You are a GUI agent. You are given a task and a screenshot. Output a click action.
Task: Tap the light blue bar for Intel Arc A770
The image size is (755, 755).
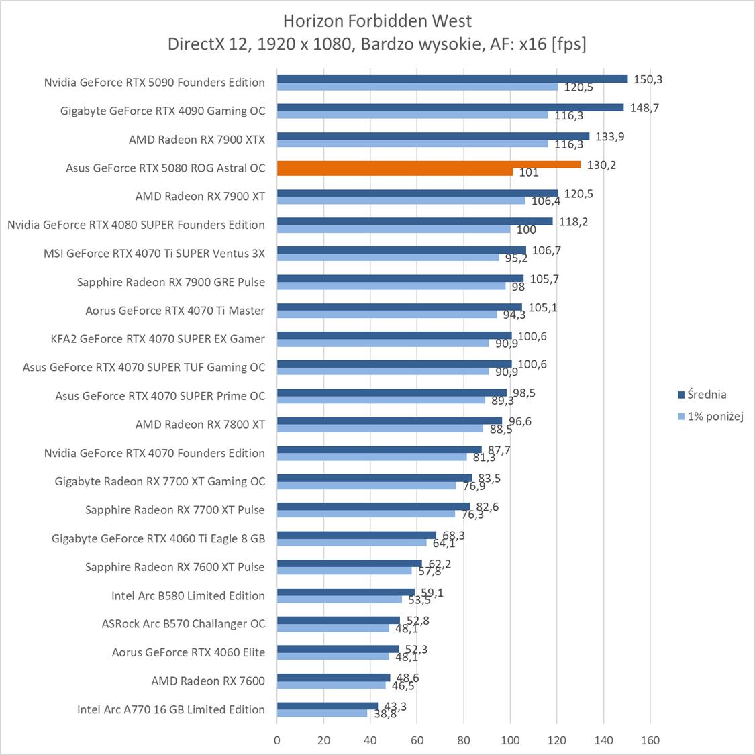tap(322, 713)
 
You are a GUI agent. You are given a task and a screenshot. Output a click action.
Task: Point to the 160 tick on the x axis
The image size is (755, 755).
tap(650, 741)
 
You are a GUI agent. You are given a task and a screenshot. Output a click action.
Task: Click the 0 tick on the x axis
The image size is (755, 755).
tap(277, 741)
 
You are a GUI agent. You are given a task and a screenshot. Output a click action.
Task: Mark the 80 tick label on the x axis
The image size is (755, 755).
tap(464, 741)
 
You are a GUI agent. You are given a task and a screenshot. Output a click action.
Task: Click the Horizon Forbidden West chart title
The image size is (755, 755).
tap(377, 21)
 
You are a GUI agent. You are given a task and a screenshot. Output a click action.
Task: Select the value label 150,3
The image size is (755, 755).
tap(648, 79)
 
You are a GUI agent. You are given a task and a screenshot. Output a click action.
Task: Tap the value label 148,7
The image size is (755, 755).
tap(644, 107)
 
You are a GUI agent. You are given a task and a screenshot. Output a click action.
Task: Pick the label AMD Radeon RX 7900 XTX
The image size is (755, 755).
tap(197, 140)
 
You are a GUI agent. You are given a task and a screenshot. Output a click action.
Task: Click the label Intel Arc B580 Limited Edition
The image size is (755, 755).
tap(188, 595)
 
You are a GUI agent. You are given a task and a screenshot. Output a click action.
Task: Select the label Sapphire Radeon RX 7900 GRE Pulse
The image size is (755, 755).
tap(170, 282)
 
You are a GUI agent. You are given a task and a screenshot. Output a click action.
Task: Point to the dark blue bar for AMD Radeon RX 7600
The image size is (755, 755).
tap(334, 677)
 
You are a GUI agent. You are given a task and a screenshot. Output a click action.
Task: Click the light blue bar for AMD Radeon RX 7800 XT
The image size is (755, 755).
tap(380, 428)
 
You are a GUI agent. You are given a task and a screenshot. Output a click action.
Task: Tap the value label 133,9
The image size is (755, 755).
tap(610, 136)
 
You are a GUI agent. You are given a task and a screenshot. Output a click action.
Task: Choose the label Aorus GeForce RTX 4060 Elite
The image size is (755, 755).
tap(188, 652)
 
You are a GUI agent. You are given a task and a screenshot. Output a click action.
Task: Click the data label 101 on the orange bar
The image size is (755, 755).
tap(529, 172)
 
